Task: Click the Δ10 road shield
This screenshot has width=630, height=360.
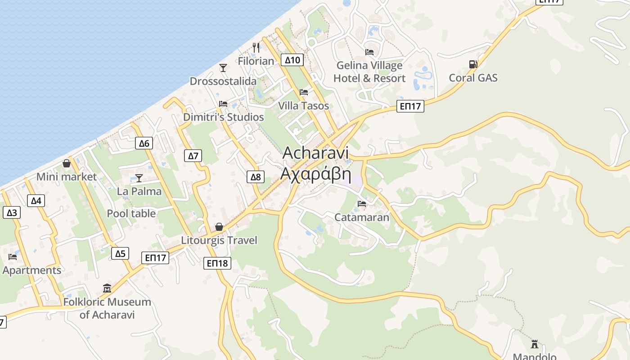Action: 292,60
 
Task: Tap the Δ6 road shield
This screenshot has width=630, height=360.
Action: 144,144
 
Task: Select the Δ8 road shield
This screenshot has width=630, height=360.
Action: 256,177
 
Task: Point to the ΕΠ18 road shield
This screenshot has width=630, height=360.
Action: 217,263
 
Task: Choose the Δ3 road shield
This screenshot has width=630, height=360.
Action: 12,212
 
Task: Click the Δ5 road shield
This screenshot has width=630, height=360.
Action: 120,253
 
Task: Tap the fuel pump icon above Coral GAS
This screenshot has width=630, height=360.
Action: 473,64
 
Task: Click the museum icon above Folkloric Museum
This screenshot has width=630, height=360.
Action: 107,288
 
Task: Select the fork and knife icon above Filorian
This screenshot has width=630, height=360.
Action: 256,47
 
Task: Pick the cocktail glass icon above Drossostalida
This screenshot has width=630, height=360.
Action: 223,68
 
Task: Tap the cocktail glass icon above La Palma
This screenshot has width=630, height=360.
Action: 139,178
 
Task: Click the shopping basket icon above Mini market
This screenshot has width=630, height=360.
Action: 67,163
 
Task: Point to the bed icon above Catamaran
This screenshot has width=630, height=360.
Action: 362,204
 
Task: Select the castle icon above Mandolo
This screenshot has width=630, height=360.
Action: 535,344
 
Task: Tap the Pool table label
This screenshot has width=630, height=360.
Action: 131,213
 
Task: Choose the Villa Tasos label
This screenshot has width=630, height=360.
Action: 303,106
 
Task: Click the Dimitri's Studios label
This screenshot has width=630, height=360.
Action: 223,117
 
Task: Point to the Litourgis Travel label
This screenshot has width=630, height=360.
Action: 219,240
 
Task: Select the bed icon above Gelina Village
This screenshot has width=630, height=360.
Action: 369,52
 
